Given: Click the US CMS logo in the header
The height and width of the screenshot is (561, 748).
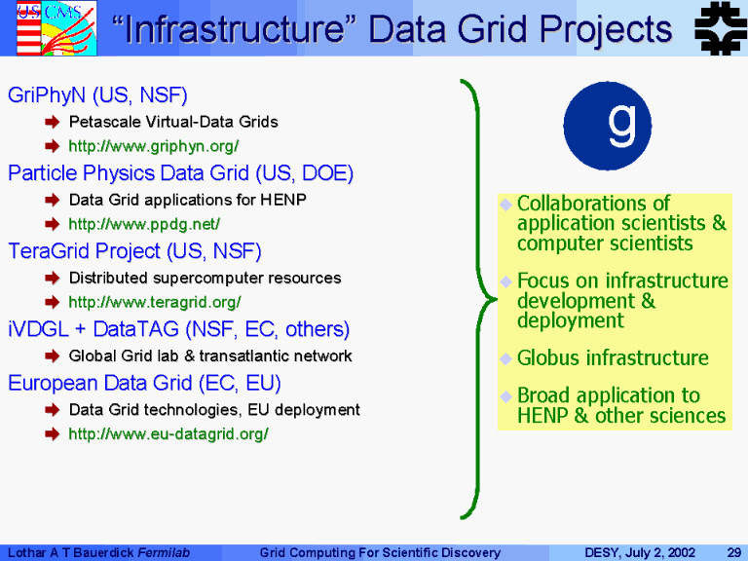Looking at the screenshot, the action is pos(56,28).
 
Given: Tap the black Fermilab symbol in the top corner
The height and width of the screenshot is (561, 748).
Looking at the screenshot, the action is pos(721,28).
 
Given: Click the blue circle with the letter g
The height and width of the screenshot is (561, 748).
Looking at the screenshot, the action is pos(608,126).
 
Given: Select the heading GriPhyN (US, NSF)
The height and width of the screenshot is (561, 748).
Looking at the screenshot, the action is pos(97,95).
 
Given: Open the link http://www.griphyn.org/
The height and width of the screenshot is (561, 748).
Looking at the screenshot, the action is pos(154,146).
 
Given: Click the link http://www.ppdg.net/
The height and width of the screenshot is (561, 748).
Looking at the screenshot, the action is pos(144,224).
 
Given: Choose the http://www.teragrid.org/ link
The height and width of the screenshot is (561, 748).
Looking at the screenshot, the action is pos(155,302).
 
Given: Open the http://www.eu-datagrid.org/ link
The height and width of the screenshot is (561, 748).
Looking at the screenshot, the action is pos(168,433).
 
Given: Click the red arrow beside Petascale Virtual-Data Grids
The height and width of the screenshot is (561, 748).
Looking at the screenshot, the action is pos(52,122).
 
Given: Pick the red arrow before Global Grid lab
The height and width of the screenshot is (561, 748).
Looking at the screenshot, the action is pos(52,355).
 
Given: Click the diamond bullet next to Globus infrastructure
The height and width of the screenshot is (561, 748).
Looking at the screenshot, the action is pos(505,358).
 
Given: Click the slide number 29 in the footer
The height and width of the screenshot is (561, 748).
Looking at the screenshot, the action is pos(733,553).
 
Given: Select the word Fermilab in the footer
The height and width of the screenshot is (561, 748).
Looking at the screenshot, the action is pos(164,553).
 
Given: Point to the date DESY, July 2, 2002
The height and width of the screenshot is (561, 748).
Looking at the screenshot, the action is pos(640,553).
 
